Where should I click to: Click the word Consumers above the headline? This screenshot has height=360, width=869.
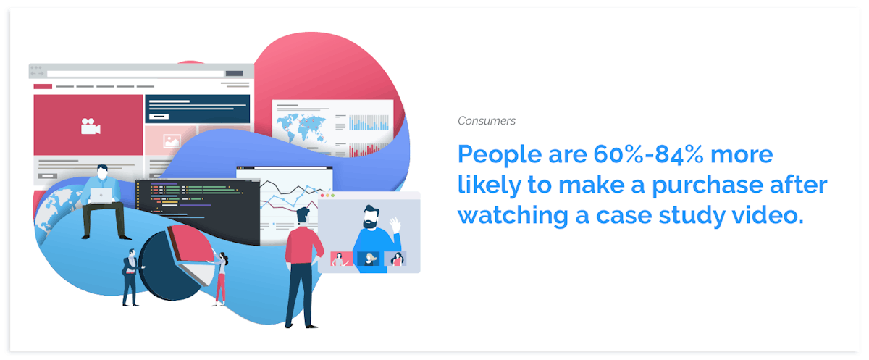487,121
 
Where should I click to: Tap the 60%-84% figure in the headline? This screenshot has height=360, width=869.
648,154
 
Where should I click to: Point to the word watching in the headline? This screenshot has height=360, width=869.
513,217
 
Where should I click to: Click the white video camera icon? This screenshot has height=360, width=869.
91,126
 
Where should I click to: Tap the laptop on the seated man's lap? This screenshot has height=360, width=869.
101,196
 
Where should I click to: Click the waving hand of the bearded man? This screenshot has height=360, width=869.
395,225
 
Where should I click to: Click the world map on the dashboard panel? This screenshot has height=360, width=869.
301,127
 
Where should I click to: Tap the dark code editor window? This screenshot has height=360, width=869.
198,211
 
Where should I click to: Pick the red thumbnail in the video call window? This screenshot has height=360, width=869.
341,259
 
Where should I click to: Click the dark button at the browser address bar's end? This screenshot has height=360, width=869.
235,74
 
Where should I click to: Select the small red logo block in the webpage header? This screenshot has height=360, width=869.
43,86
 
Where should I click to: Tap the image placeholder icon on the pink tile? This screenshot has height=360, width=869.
172,141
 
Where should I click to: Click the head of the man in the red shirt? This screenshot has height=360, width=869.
303,216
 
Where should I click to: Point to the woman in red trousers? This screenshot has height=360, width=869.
220,279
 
